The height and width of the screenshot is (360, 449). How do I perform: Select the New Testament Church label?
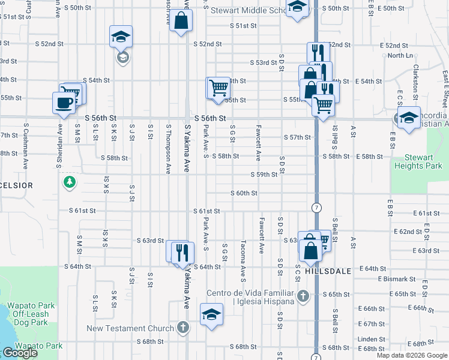click(x=130, y=328)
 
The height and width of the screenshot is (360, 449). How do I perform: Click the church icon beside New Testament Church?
click(x=183, y=328)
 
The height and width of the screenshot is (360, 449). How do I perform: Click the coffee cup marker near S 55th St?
click(x=64, y=101)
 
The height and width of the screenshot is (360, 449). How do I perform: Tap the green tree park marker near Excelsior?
click(x=70, y=181)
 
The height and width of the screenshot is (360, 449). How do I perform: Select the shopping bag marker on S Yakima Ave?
click(x=181, y=23)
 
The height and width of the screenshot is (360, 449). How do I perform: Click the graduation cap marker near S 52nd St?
click(x=121, y=37)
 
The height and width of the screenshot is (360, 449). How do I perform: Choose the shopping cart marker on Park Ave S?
click(x=218, y=88)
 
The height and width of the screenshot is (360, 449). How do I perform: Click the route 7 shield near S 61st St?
click(x=316, y=207)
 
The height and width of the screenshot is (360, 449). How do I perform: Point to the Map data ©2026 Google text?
click(x=411, y=355)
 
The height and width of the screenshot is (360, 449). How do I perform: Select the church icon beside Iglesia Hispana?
click(x=304, y=296)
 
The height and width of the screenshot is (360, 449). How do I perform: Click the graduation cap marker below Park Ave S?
click(x=211, y=315)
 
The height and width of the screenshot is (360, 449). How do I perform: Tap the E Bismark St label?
click(x=397, y=279)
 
